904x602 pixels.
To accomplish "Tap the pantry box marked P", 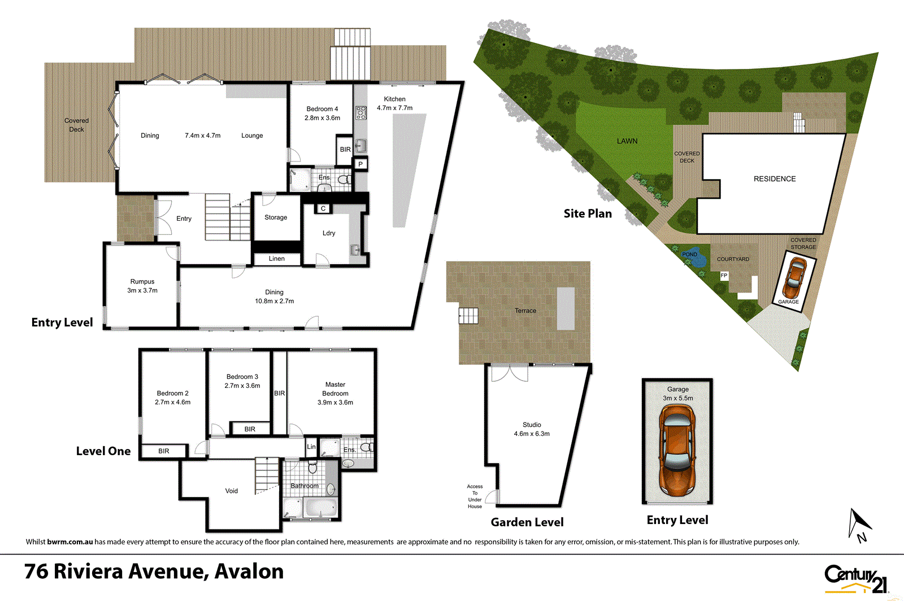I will (360, 164).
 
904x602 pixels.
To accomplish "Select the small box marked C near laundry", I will (323, 208).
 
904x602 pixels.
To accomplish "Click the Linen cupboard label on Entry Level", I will (277, 259).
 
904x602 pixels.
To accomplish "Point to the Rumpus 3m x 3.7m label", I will (142, 286).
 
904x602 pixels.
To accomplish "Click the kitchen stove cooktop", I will (361, 113).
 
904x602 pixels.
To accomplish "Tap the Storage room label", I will (276, 217).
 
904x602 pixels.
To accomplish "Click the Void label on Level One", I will (232, 491).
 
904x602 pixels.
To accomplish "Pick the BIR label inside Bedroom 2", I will (164, 451).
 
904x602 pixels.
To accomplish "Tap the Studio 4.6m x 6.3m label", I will (532, 429).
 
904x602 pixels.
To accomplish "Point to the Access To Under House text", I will (475, 496).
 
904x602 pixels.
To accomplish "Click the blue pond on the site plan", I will (690, 255).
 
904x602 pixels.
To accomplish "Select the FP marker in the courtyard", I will (724, 276).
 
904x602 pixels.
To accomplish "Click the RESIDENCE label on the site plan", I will (775, 178).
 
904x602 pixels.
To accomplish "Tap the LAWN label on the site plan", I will (627, 141).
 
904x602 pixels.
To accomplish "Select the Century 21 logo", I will (855, 579).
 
